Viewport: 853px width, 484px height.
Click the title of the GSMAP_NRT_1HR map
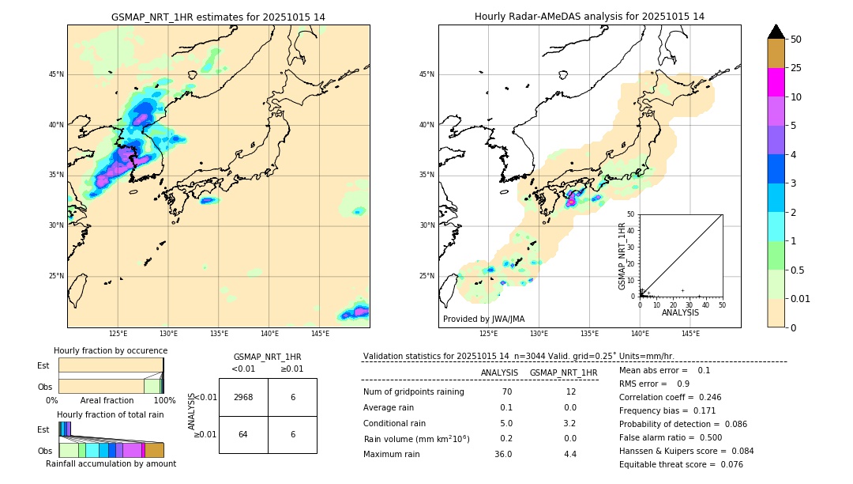click(x=218, y=17)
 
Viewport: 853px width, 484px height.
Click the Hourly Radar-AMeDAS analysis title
click(x=589, y=17)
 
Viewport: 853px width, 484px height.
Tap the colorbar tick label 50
click(x=796, y=40)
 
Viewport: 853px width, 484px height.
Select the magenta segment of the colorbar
click(x=776, y=82)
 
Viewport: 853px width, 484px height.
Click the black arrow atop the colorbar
click(x=776, y=32)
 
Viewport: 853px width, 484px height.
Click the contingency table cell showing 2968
click(x=243, y=397)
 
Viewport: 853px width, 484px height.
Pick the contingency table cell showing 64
click(x=243, y=434)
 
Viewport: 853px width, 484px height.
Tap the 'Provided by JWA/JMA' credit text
click(x=483, y=319)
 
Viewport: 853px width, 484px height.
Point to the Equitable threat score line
click(x=681, y=464)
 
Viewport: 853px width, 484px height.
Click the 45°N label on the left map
click(x=56, y=74)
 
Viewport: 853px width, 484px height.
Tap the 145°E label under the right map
click(x=690, y=334)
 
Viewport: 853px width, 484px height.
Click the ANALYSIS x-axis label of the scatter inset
click(x=680, y=312)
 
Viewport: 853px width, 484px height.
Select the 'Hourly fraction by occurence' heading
click(x=111, y=350)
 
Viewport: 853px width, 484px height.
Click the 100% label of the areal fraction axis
click(x=164, y=400)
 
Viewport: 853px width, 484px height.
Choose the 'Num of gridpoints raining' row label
click(x=413, y=391)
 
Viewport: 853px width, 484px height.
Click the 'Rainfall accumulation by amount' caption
click(x=111, y=463)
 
